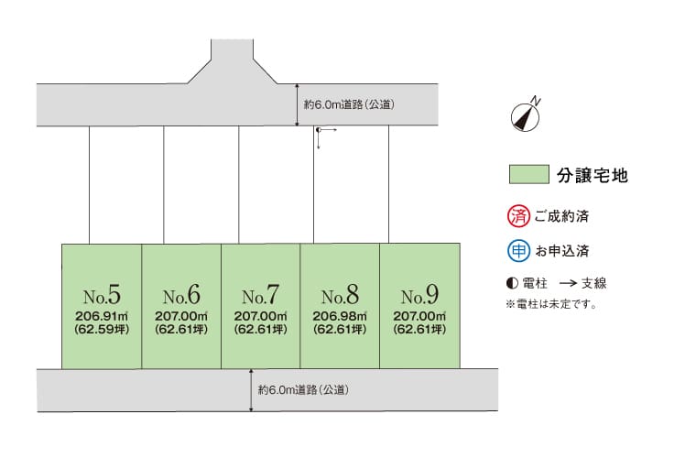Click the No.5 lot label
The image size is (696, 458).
point(102,295)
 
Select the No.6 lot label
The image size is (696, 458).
point(181,295)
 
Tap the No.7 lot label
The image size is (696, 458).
point(261,295)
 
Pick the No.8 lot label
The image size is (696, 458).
point(340,295)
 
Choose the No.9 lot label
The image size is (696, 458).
point(419,295)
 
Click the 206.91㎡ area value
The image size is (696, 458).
point(102,316)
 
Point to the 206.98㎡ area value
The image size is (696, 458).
point(340,316)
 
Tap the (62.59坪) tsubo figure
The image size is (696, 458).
point(102,329)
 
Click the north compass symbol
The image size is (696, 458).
point(526,114)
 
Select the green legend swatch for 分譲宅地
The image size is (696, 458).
point(528,174)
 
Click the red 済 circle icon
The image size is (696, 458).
point(518,216)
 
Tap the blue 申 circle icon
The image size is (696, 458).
point(518,251)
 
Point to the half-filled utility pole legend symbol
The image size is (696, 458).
point(512,283)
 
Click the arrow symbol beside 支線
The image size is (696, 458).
point(568,283)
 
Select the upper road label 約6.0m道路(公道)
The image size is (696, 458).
point(349,104)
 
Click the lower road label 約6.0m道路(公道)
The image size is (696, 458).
point(303,390)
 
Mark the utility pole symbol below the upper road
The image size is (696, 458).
point(319,130)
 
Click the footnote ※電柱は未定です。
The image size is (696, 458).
point(551,304)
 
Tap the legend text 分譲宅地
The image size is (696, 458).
point(593,175)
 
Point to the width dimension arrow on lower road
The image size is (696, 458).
point(251,390)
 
